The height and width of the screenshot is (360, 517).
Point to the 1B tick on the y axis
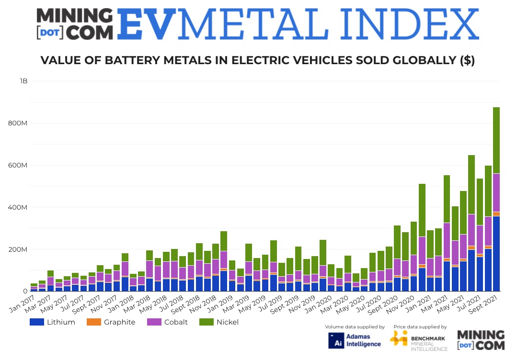[x=23, y=81]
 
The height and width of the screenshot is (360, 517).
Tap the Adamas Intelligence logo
[x=355, y=340]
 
